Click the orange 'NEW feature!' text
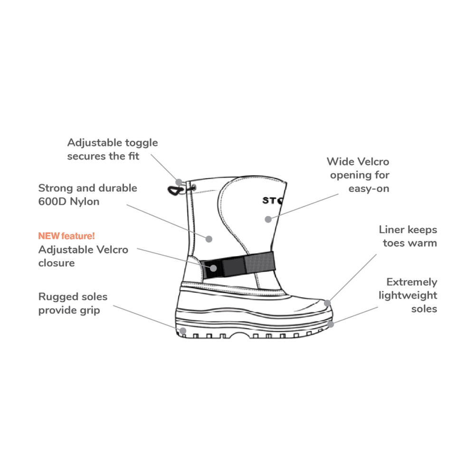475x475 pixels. (x=66, y=236)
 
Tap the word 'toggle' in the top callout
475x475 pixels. (x=142, y=142)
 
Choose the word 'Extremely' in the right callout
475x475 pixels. (x=412, y=282)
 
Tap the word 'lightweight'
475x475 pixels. (x=408, y=295)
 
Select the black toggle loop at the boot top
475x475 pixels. (x=174, y=190)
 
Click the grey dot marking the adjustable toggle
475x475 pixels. (x=179, y=181)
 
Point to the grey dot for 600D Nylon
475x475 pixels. (x=208, y=238)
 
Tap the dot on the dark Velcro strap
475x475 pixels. (x=213, y=268)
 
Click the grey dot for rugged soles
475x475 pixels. (x=182, y=330)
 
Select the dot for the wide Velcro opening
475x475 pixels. (x=268, y=219)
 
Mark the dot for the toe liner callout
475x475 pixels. (x=327, y=303)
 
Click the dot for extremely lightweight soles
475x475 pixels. (x=331, y=324)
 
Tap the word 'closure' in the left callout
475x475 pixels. (x=57, y=263)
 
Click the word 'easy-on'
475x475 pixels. (x=369, y=189)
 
